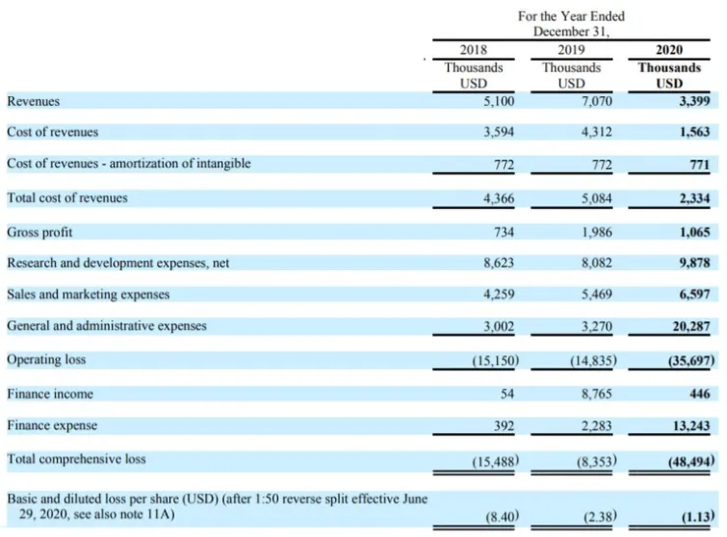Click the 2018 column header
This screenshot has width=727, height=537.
474,50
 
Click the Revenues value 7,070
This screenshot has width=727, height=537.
595,101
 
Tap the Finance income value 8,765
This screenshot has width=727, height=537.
595,394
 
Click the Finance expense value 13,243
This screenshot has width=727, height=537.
688,426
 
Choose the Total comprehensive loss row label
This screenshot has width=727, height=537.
76,458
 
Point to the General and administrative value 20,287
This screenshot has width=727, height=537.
688,326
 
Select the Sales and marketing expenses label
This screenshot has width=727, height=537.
88,294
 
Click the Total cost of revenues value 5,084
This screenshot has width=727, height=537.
595,198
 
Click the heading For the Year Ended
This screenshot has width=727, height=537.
571,17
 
